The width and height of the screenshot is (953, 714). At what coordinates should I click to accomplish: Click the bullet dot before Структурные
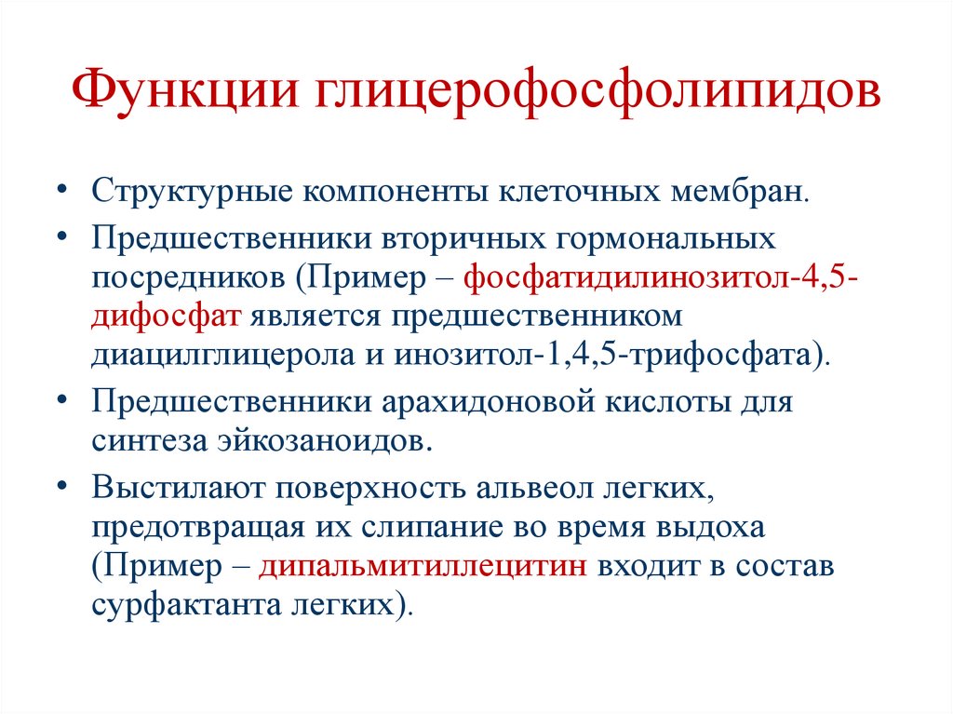[60, 189]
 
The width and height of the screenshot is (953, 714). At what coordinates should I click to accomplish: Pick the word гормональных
[665, 238]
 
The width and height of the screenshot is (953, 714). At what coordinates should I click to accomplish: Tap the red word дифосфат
[168, 317]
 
